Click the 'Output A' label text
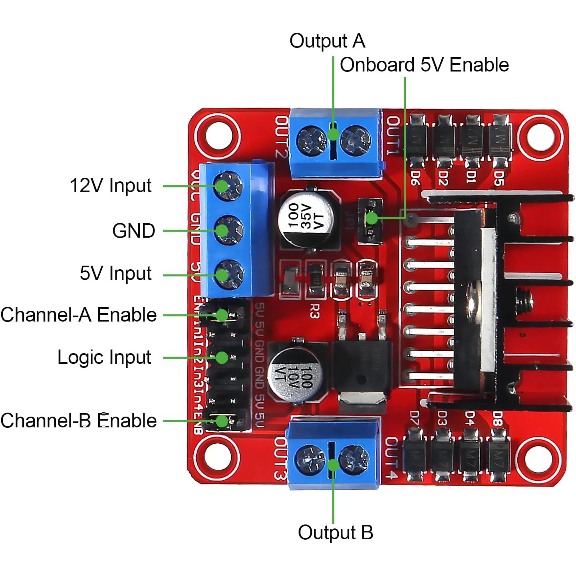tap(327, 41)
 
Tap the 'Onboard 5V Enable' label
tap(424, 65)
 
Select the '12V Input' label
tap(111, 186)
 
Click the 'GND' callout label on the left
tap(133, 231)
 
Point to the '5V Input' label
tap(115, 274)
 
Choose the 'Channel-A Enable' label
tap(79, 315)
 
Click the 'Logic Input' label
tap(104, 358)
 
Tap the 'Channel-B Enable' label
tap(79, 421)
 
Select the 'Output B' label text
tap(336, 532)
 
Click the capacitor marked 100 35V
tap(306, 217)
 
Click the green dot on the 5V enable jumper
tap(371, 218)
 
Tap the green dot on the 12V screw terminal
tap(222, 186)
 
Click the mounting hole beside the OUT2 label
tap(218, 135)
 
